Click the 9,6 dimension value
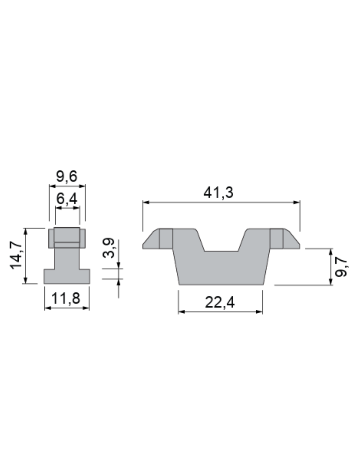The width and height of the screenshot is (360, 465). pos(66,177)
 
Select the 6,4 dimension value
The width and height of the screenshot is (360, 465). pos(66,199)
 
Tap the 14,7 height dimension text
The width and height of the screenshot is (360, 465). pos(16,255)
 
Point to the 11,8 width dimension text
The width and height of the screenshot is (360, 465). pos(66,298)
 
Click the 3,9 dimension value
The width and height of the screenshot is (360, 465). pos(108,248)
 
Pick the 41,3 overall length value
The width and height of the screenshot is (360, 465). pos(218,192)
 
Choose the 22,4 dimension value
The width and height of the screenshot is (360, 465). pos(220,302)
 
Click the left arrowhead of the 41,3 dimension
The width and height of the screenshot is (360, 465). pos(146,202)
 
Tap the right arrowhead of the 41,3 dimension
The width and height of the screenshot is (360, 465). pos(297,202)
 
